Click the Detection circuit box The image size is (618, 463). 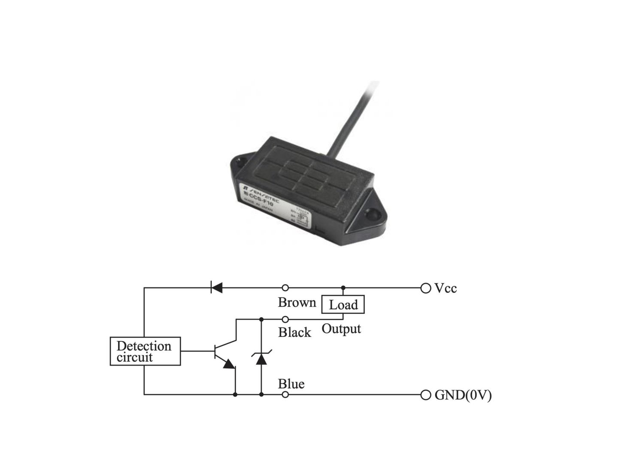point(145,351)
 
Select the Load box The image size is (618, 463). point(343,304)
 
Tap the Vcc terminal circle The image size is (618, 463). point(425,288)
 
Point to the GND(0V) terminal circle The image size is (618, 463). point(425,395)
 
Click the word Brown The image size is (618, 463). point(297,302)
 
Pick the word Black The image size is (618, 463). point(294,332)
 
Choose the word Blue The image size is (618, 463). point(291,384)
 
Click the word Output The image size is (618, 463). point(341,329)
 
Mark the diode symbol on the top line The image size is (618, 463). point(217,288)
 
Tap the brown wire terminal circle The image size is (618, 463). point(285,288)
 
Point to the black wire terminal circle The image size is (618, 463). point(285,319)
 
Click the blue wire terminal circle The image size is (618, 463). point(285,395)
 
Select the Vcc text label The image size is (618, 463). point(445,288)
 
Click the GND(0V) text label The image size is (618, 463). point(463,395)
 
